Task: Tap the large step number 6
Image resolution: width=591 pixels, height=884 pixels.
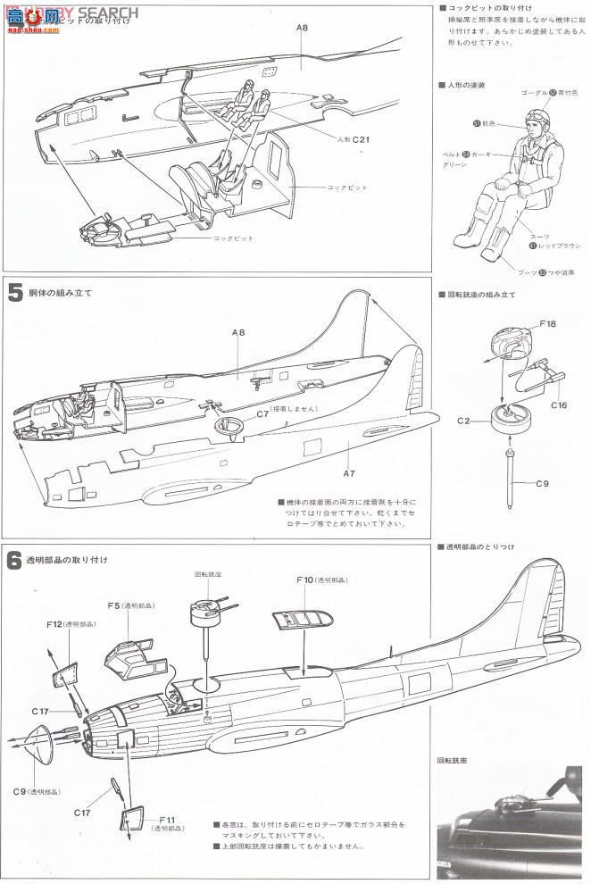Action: point(15,562)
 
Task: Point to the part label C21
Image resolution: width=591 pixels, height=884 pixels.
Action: point(360,139)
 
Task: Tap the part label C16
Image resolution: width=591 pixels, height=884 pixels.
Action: point(559,404)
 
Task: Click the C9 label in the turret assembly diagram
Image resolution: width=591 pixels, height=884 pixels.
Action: point(542,483)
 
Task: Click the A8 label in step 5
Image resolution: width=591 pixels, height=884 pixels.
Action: point(237,332)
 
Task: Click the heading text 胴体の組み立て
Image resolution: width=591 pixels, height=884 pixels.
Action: point(62,292)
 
